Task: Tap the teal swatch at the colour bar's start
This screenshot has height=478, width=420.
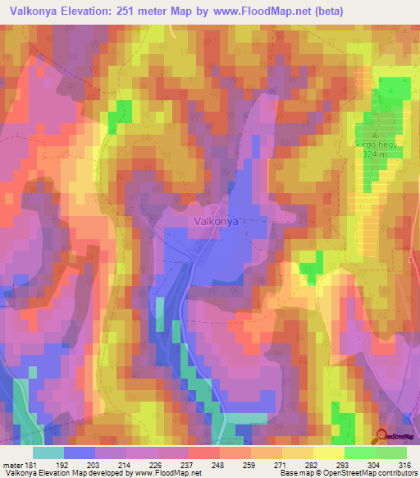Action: tap(48, 453)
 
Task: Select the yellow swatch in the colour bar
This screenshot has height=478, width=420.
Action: tap(328, 453)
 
